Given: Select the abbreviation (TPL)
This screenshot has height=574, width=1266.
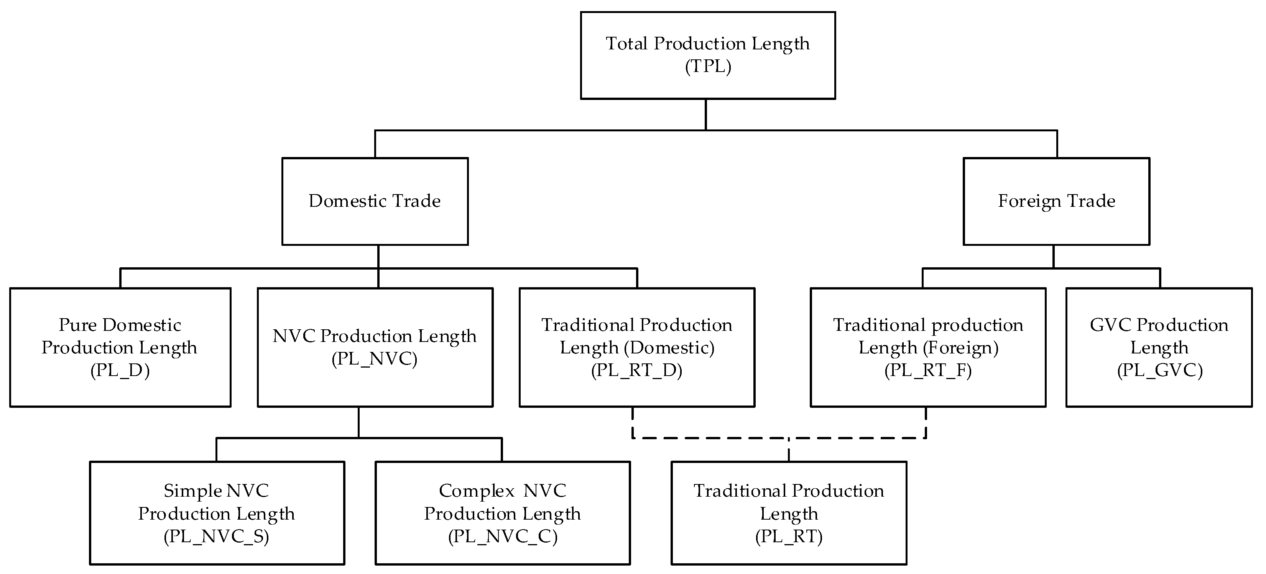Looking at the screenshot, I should pos(708,66).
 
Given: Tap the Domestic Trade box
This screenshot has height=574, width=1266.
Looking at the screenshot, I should pos(375,201).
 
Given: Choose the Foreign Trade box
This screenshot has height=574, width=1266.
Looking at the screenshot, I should pos(1056,201).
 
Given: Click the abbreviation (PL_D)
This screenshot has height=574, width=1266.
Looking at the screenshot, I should pos(120,370).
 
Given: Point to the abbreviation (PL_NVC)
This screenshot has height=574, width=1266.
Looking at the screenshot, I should pos(375,359).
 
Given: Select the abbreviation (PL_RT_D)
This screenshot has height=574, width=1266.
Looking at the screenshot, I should pos(636,370).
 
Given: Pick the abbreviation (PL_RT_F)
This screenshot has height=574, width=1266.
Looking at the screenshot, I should pos(928,370).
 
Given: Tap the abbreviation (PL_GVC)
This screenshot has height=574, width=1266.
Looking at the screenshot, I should pos(1159,370).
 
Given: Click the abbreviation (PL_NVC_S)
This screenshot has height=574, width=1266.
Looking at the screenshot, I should pos(216,536).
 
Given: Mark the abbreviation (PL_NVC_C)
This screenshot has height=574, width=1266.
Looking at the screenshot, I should pos(502,536).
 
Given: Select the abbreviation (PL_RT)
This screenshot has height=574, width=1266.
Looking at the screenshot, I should pos(788,536).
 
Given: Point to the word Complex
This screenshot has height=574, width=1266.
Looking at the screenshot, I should pos(477,491).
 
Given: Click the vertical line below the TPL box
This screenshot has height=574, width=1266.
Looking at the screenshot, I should pos(706,114).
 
